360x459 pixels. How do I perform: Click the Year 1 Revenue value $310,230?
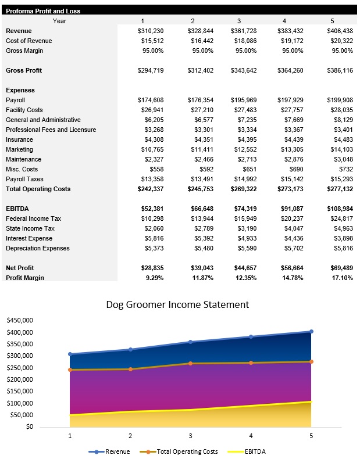(151, 31)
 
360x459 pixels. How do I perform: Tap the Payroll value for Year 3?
(245, 100)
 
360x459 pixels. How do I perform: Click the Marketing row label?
(20, 149)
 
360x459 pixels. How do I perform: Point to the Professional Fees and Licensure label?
(51, 130)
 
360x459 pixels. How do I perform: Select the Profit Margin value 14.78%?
(293, 278)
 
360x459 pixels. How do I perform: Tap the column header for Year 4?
(285, 21)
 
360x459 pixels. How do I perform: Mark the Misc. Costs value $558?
(156, 169)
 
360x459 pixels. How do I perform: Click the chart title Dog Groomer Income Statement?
(177, 304)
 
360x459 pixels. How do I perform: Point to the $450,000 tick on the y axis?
(20, 320)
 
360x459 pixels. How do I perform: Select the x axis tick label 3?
(190, 436)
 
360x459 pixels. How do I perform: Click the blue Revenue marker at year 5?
(311, 332)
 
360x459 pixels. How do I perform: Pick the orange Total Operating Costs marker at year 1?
(70, 370)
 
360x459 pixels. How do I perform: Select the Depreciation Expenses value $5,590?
(245, 248)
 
